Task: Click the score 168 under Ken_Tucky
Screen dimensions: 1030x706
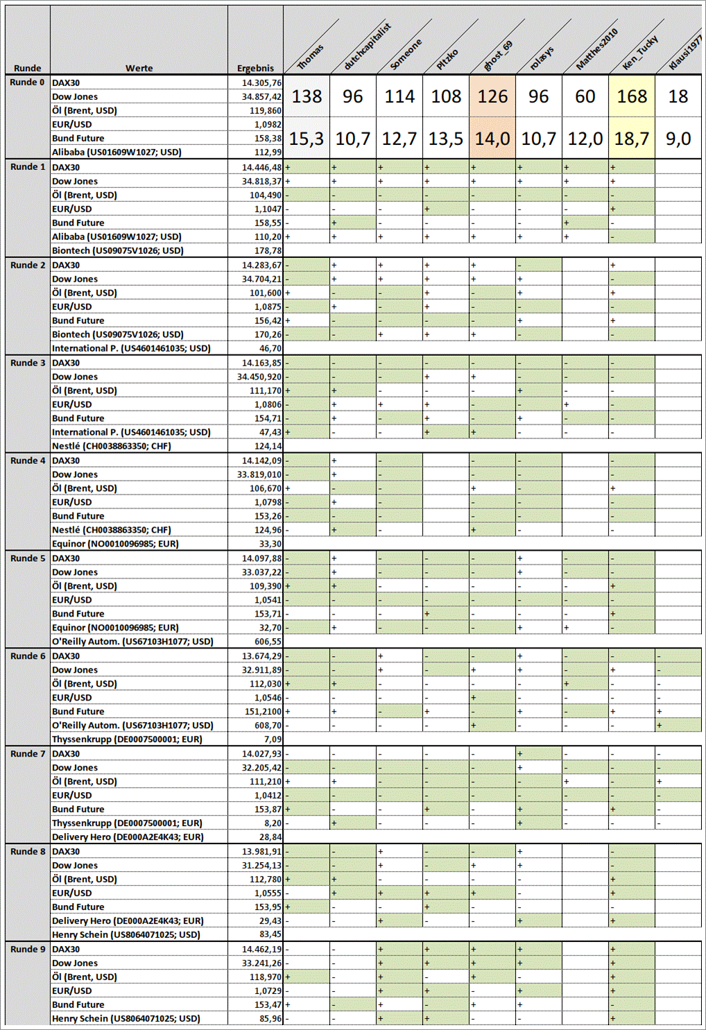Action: coord(632,96)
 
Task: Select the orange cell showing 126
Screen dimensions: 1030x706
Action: coord(492,96)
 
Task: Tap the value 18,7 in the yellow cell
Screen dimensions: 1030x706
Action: coord(632,139)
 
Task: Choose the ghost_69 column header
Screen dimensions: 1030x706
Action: coord(498,55)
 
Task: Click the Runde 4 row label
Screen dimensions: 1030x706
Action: coord(28,461)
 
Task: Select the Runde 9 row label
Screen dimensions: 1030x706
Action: coord(28,949)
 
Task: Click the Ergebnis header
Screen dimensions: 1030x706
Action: coord(255,68)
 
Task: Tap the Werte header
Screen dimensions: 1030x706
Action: coord(139,68)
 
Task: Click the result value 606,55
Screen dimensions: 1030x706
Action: coord(268,642)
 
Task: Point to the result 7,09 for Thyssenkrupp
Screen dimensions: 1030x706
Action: coord(273,739)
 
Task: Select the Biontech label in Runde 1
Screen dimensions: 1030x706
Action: coord(118,250)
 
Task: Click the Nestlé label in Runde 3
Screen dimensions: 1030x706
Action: coord(111,446)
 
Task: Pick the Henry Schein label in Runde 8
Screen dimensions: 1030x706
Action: coord(126,934)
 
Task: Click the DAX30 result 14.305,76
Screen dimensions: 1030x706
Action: coord(261,83)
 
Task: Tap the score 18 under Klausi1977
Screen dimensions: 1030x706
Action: coord(678,96)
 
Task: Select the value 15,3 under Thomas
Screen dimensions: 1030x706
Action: coord(306,139)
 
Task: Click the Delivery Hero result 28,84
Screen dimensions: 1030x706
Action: coord(270,837)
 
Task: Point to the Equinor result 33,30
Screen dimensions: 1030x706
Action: coord(270,544)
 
